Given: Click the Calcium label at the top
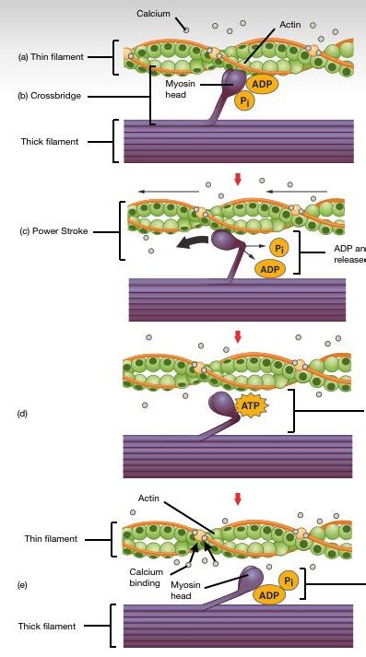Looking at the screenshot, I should tap(153, 13).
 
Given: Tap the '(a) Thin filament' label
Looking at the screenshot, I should tap(50, 57).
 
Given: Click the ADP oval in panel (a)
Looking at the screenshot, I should tap(261, 84).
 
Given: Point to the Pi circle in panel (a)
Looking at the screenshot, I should tap(244, 100).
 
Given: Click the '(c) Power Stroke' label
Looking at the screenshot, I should tap(53, 230).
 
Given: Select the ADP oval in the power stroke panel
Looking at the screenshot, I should tap(270, 269).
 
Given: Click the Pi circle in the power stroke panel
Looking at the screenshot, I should tap(279, 247).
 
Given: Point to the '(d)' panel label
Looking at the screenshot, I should tap(23, 414).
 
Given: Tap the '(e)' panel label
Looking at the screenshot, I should tap(23, 584).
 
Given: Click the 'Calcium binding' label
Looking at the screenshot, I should tap(146, 577).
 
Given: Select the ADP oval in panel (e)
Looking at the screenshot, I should tap(267, 595).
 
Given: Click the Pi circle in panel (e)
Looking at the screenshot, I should tap(289, 581).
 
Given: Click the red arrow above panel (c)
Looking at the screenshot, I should tap(238, 179).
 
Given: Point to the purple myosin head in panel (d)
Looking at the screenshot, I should tap(223, 404).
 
